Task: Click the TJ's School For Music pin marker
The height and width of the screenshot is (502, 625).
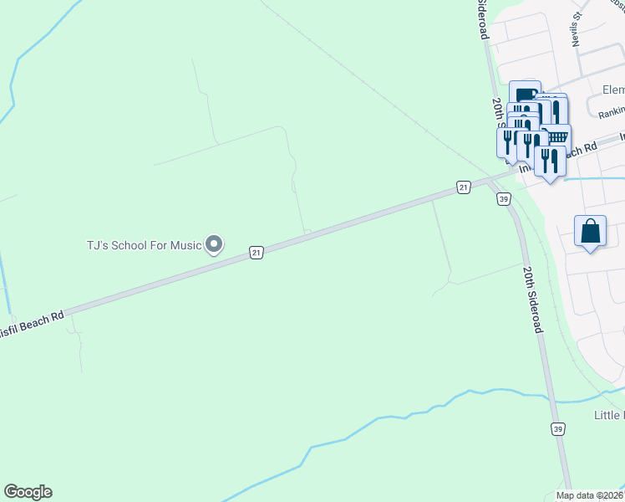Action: pos(215,244)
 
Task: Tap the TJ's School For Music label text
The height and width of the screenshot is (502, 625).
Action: pos(145,245)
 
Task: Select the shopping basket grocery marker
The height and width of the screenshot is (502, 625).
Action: pos(556,136)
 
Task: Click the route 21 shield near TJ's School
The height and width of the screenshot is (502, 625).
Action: pos(257,252)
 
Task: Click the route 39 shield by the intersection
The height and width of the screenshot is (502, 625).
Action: pos(502,199)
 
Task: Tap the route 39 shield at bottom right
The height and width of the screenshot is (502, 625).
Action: pos(557,429)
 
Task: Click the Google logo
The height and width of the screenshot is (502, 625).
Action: pos(28,492)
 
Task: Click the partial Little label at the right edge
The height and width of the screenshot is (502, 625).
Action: pos(608,416)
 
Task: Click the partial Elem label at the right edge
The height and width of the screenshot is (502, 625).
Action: pos(612,90)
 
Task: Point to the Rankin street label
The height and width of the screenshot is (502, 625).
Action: pos(612,110)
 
